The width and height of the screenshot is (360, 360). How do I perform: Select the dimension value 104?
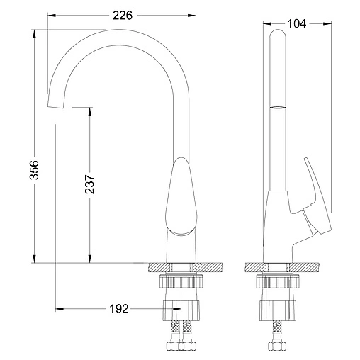click(298, 23)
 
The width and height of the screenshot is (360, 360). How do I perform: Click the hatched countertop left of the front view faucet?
click(157, 268)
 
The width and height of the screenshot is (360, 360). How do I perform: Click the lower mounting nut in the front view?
click(180, 310)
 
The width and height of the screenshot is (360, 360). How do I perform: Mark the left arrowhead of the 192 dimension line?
click(59, 309)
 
